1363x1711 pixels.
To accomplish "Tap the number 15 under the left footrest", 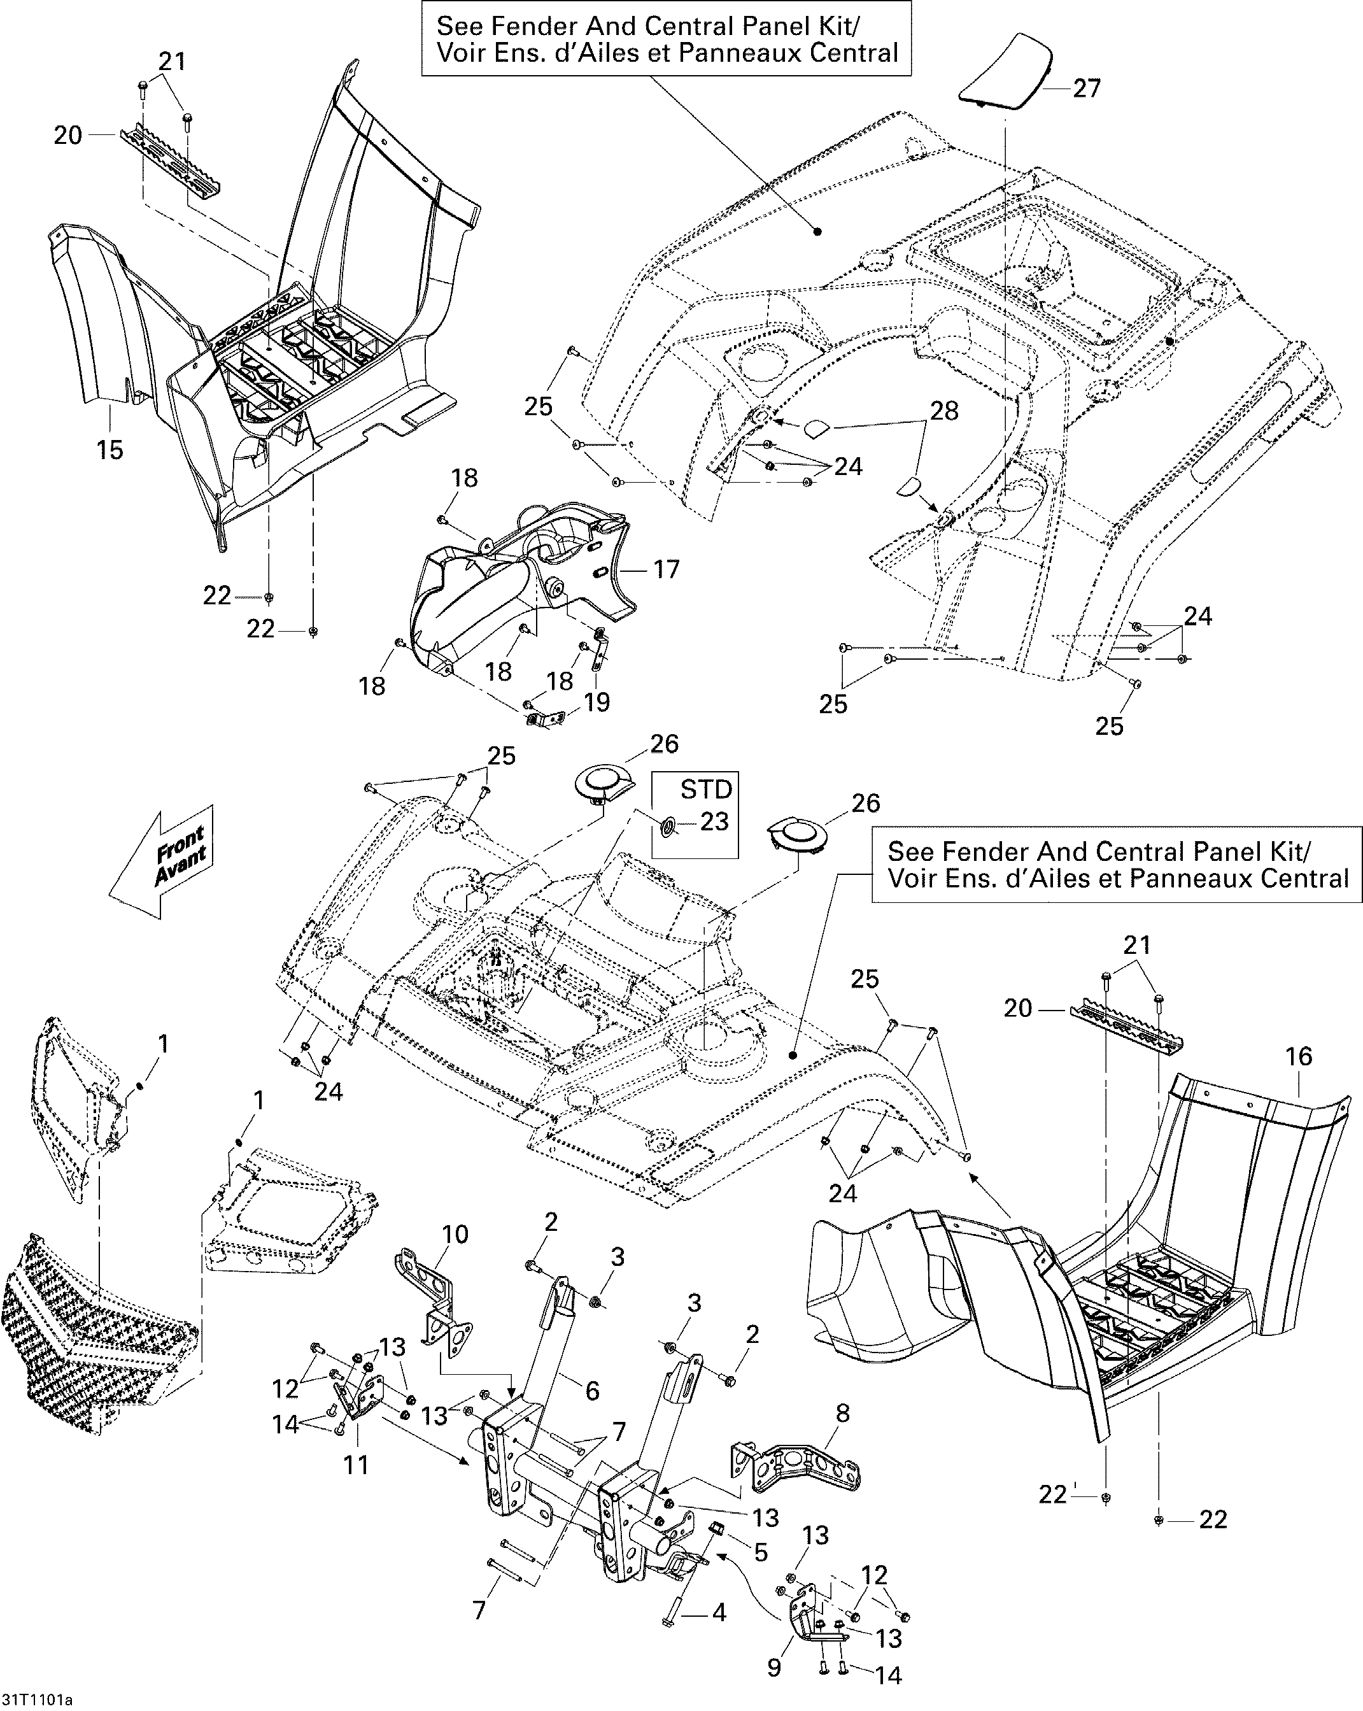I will point(110,450).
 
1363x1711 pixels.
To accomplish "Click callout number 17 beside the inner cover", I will point(667,569).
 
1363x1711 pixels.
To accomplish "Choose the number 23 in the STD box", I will point(714,821).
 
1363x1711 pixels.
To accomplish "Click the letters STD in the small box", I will point(706,789).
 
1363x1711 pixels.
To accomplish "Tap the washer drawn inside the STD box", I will point(667,828).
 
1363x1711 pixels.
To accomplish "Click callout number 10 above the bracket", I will point(455,1234).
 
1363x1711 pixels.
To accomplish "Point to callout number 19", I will point(597,702).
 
